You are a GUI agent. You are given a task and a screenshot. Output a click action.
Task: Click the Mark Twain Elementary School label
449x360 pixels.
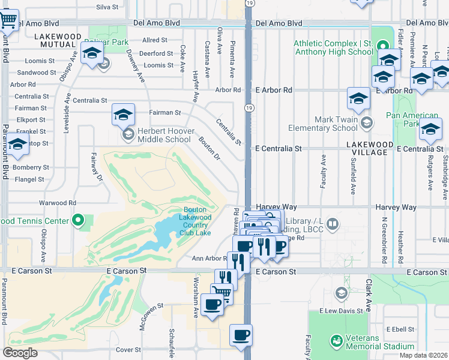[x=323, y=124]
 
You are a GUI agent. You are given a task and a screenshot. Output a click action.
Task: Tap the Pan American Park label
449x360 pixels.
[x=412, y=119]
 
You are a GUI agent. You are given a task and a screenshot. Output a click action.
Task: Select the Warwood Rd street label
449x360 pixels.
[x=58, y=203]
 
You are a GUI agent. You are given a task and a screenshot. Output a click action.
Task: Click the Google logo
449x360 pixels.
[x=20, y=353]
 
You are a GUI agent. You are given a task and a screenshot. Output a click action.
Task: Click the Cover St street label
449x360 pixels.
[x=128, y=349]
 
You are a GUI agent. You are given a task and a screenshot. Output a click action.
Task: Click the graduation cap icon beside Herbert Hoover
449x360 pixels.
[x=123, y=113]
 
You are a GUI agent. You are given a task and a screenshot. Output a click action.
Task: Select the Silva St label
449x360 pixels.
[x=107, y=7]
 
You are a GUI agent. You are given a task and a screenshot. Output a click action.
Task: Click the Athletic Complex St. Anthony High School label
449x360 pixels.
[x=334, y=47]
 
